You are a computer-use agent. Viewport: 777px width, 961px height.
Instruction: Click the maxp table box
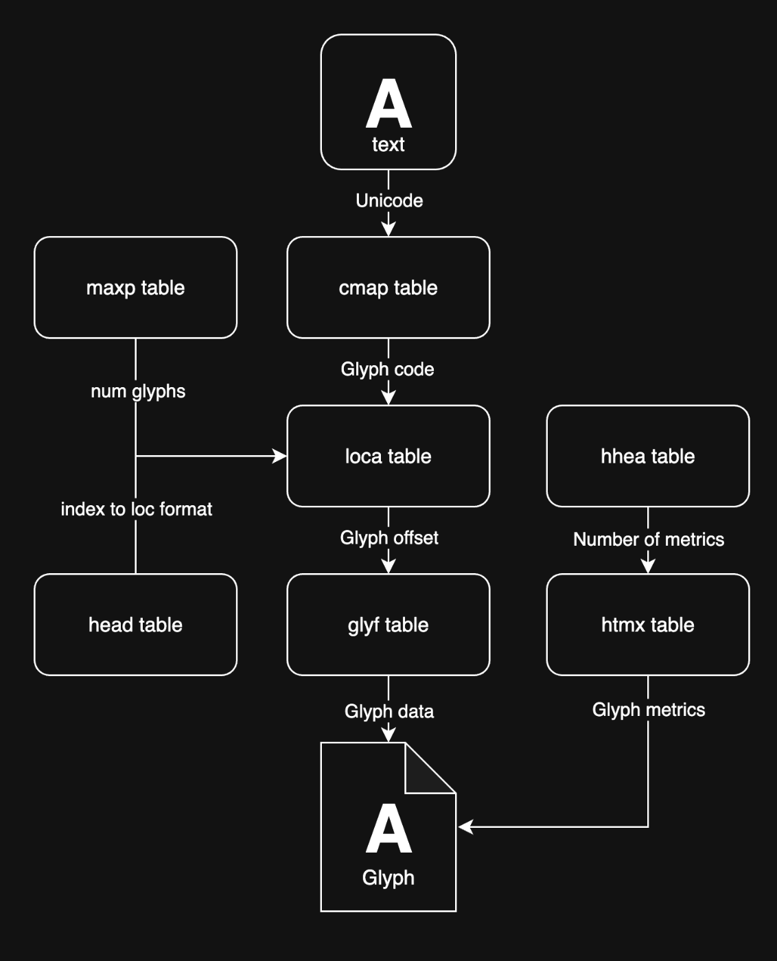click(135, 288)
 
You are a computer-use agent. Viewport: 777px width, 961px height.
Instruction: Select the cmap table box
click(388, 288)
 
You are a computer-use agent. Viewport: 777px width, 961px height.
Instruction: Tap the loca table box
click(388, 456)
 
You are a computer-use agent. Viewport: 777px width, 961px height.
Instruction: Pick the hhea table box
click(647, 456)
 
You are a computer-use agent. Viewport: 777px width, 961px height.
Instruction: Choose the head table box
click(135, 625)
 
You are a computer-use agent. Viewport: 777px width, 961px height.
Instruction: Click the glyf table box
click(388, 625)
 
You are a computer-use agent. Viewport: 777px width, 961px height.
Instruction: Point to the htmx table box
click(647, 625)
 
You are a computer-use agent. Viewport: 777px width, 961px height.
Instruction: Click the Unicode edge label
click(389, 200)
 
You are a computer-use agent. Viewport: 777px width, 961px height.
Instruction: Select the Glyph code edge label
click(387, 369)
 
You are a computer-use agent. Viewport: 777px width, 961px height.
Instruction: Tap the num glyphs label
click(138, 391)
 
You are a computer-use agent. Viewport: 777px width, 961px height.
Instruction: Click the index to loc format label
click(137, 509)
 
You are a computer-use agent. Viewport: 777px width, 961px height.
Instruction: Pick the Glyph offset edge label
click(389, 537)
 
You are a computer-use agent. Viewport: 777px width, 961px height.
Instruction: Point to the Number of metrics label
click(649, 540)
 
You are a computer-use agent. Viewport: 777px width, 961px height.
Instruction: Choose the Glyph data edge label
click(389, 711)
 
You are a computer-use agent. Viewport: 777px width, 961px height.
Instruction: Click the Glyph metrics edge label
click(649, 710)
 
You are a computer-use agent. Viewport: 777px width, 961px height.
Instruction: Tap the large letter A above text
click(388, 104)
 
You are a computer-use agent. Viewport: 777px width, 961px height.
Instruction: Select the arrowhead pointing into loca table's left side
click(280, 456)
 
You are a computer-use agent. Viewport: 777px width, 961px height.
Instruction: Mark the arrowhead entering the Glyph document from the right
click(465, 827)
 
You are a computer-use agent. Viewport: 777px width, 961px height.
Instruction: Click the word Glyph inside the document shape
click(388, 878)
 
